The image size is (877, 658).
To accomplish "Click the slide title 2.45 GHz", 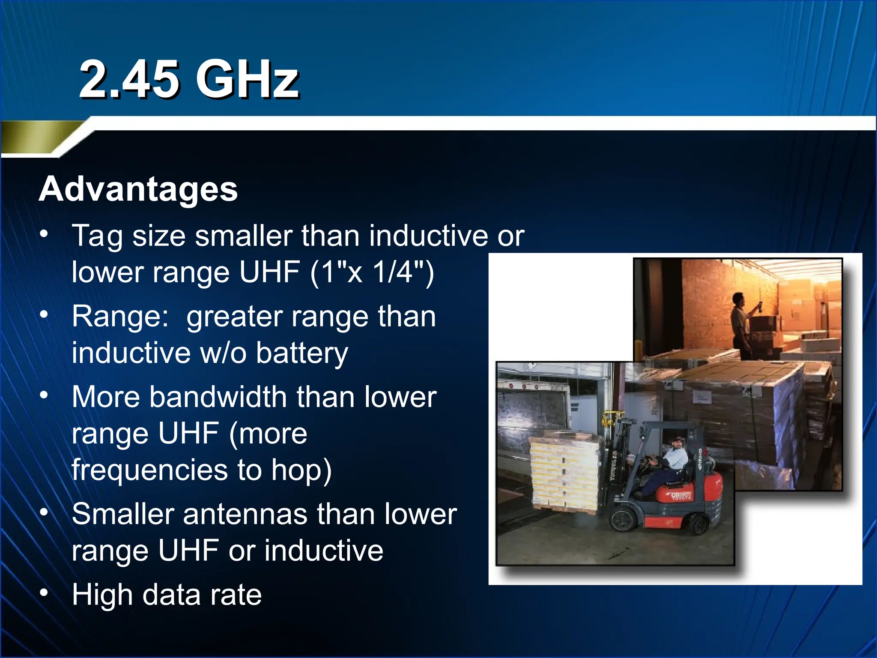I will pyautogui.click(x=189, y=80).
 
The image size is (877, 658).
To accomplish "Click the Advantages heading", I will pyautogui.click(x=138, y=189).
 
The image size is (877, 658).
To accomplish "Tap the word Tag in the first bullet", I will pyautogui.click(x=97, y=236).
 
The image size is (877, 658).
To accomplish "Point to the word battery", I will pyautogui.click(x=302, y=353).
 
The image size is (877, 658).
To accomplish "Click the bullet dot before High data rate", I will pyautogui.click(x=44, y=593).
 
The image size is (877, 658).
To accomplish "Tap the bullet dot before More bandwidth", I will pyautogui.click(x=44, y=395).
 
